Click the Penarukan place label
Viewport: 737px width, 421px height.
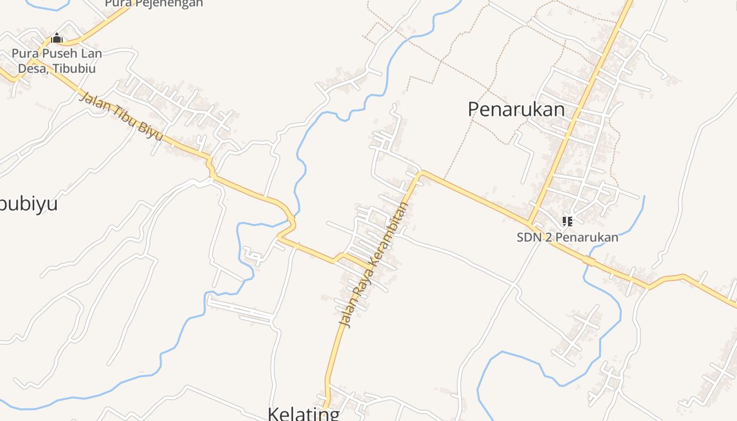click(516, 109)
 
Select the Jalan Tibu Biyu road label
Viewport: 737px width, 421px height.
click(121, 117)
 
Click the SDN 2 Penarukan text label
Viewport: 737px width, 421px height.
click(567, 237)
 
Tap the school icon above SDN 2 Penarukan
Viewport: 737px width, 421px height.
click(567, 222)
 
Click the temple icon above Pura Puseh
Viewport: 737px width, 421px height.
click(57, 38)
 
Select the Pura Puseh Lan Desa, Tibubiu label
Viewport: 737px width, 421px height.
click(57, 61)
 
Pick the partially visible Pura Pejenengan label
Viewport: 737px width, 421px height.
click(154, 4)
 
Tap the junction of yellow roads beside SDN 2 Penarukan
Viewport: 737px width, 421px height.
click(530, 222)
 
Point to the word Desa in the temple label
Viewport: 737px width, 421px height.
click(32, 68)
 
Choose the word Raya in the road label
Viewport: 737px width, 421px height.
click(361, 287)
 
